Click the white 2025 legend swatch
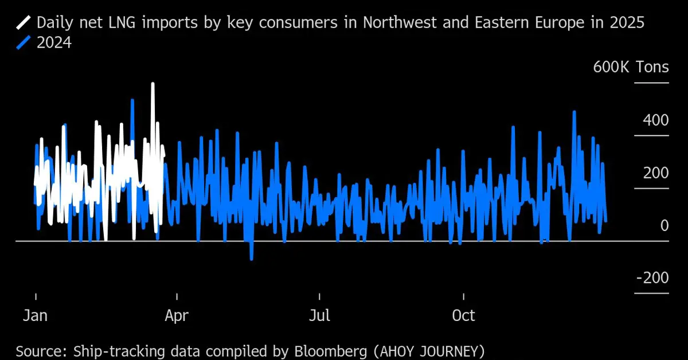25,23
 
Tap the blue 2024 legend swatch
25,43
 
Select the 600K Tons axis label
631,67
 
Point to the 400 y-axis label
655,120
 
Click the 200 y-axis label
655,173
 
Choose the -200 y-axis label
652,278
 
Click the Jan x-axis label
36,315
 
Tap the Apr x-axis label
177,315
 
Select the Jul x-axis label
319,315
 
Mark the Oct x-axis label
463,315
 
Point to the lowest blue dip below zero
251,259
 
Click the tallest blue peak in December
573,112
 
